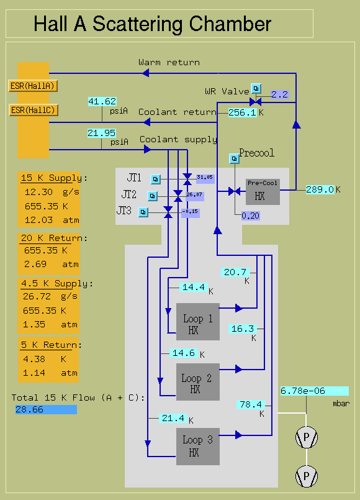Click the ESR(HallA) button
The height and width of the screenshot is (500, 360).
click(33, 86)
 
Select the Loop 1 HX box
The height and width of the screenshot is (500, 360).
click(198, 322)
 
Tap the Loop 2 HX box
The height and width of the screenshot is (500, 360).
click(198, 382)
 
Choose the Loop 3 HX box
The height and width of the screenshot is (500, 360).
click(198, 447)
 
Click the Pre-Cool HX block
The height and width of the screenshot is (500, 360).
click(263, 192)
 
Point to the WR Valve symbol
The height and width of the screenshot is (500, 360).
click(256, 102)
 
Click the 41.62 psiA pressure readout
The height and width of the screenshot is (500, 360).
click(102, 101)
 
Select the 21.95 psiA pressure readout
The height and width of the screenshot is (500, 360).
click(102, 133)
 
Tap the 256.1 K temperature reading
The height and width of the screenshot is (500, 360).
click(243, 112)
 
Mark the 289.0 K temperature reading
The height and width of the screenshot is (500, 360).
click(320, 189)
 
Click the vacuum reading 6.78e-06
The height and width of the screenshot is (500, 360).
click(315, 391)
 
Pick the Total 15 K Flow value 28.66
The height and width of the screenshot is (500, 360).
click(46, 409)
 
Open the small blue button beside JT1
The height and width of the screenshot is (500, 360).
click(155, 180)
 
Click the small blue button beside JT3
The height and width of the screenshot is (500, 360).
click(143, 212)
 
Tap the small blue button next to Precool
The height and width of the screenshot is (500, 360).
click(234, 158)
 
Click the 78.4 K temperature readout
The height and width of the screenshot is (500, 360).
click(250, 404)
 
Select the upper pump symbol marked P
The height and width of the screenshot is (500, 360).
click(307, 437)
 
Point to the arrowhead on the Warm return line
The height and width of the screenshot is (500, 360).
click(146, 73)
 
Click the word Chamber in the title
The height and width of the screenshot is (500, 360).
click(230, 24)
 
